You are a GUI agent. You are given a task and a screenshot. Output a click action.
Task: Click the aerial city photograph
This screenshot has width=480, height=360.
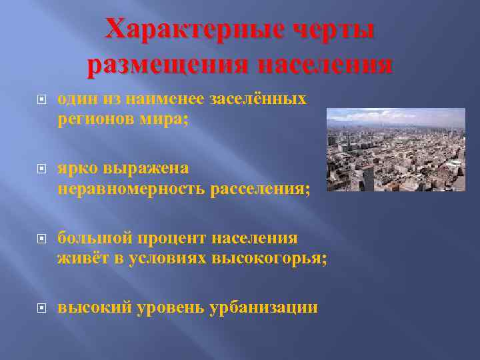pos(395,149)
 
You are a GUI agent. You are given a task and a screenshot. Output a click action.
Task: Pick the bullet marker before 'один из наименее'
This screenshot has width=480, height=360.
pos(41,100)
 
